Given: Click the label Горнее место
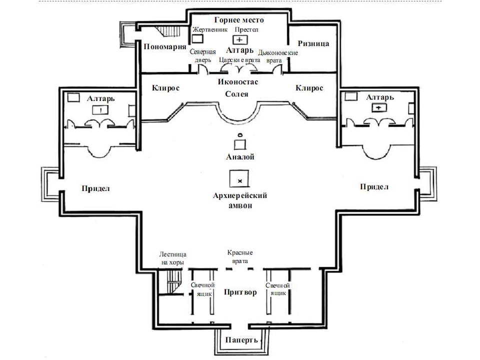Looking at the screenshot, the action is point(239,20).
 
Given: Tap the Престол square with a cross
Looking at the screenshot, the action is point(240,40).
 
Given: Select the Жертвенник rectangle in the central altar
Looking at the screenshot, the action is point(197,39).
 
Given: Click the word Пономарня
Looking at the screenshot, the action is point(165,47).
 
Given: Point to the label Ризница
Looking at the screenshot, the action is point(313,43).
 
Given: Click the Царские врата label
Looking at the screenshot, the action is point(239,60).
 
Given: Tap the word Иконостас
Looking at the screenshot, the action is point(238,81).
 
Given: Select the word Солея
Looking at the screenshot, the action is point(236,94).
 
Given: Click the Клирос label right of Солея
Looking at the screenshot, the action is point(309,88).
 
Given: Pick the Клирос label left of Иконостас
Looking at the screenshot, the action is point(165,88).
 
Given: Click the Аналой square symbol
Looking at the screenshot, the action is point(240,144).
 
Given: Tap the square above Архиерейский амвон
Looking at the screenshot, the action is point(239,178).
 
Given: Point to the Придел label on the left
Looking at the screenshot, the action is point(95,188).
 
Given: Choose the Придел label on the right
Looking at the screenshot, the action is point(374,186).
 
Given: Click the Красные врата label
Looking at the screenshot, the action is point(240,257).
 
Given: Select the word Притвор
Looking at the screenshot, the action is point(240,292).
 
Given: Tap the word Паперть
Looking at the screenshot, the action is point(241,340).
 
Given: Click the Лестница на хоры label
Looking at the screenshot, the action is point(172,258).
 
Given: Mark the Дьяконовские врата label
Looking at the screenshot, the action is point(277,56).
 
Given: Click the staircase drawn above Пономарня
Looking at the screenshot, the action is point(168,31).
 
